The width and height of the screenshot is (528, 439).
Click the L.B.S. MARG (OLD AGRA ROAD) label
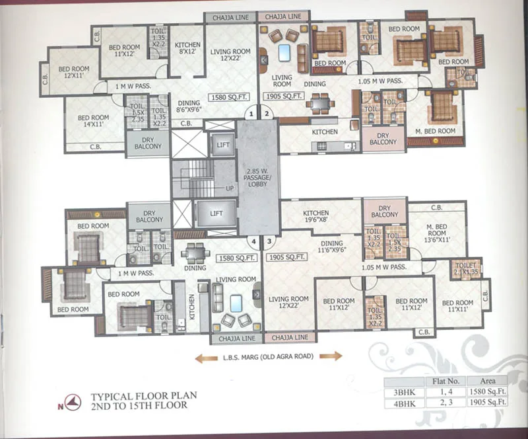pos(269,356)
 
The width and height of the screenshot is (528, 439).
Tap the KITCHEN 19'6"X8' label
pos(315,217)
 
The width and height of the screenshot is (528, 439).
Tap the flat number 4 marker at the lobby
pos(251,241)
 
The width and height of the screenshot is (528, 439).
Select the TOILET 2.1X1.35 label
pos(467,268)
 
